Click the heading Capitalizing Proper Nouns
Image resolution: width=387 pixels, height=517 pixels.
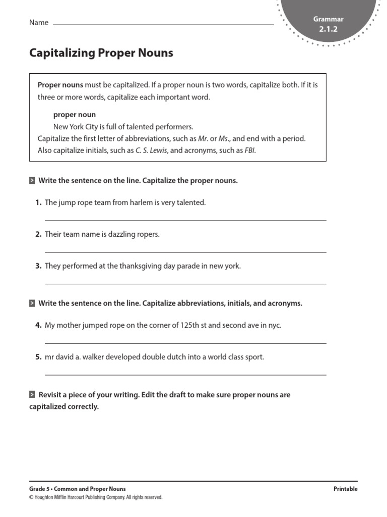tap(101, 53)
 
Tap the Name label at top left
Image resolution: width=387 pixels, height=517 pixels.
tap(39, 22)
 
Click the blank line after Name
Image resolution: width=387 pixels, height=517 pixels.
tap(163, 24)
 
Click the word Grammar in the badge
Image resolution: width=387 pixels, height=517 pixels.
tap(328, 19)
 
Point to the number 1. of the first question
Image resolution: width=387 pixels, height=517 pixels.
tap(38, 202)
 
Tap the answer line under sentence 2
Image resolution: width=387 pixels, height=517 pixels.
tap(185, 252)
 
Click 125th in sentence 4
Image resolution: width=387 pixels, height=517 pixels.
tap(190, 326)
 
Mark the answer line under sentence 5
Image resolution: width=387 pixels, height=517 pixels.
tap(185, 374)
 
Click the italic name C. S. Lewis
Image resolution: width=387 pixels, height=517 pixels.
tap(151, 150)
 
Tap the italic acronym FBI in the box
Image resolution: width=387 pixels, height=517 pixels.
tap(249, 150)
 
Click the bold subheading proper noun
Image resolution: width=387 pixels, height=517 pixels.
tap(74, 115)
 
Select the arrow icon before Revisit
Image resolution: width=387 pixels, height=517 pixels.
tap(32, 395)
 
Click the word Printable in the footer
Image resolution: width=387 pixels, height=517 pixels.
tap(345, 489)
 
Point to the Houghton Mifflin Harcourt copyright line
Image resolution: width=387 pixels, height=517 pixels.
tap(96, 497)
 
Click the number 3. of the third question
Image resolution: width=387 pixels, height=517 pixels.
tap(38, 266)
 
